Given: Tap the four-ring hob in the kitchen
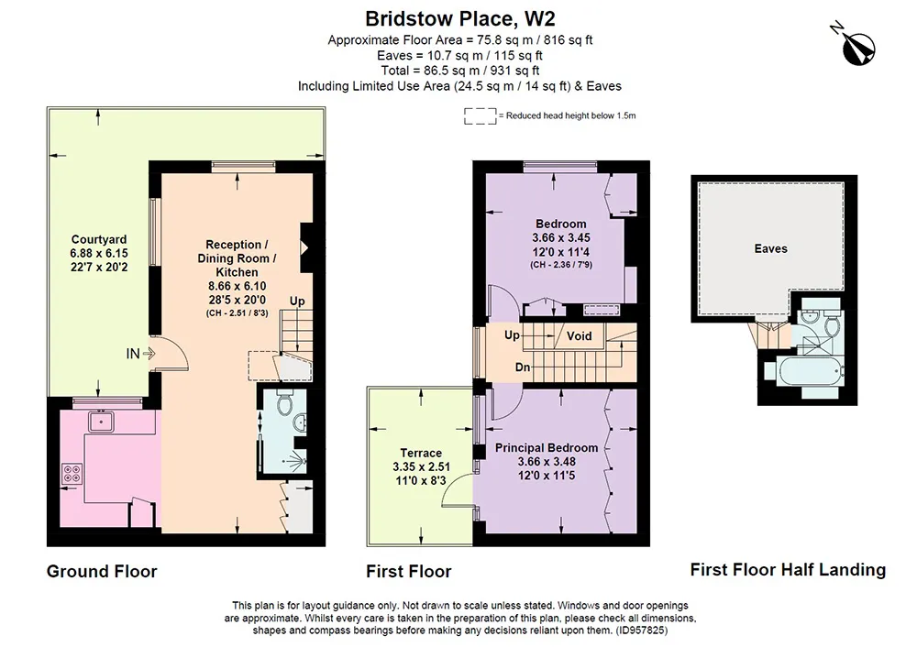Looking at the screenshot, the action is (72, 473).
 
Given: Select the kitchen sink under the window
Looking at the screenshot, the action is (101, 421).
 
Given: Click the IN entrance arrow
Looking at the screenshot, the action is (148, 353).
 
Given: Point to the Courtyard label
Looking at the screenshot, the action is (99, 239).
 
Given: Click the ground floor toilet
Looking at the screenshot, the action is (285, 403).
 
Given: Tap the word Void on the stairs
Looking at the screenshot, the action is (579, 336).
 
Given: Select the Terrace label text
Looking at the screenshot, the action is (421, 453).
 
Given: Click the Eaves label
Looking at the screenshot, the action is (771, 248).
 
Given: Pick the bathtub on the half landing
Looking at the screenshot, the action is (803, 370).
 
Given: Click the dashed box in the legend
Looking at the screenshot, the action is (481, 115).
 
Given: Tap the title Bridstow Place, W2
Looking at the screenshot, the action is (459, 18).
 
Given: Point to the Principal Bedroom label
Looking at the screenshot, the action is (547, 448).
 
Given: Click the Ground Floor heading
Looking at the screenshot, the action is (102, 571).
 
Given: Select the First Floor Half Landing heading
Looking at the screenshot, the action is (788, 569).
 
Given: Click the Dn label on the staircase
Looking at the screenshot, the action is (523, 367).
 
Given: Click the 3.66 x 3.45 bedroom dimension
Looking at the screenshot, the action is (561, 238).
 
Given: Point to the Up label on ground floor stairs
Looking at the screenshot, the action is (297, 301).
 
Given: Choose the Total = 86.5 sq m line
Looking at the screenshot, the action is (459, 71).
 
